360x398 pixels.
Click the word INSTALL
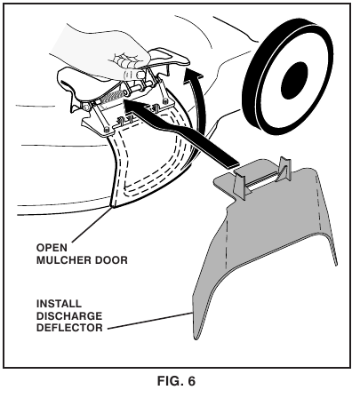click(x=59, y=304)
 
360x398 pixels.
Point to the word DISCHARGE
click(x=69, y=316)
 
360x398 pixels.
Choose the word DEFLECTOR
click(x=69, y=328)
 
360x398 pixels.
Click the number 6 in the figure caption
click(x=191, y=381)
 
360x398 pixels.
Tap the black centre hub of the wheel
click(x=294, y=81)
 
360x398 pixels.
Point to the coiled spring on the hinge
click(x=110, y=98)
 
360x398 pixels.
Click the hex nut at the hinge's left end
click(x=86, y=107)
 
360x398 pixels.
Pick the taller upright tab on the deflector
click(x=285, y=168)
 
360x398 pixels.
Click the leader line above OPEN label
click(x=92, y=225)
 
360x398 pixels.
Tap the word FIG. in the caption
click(x=171, y=381)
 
